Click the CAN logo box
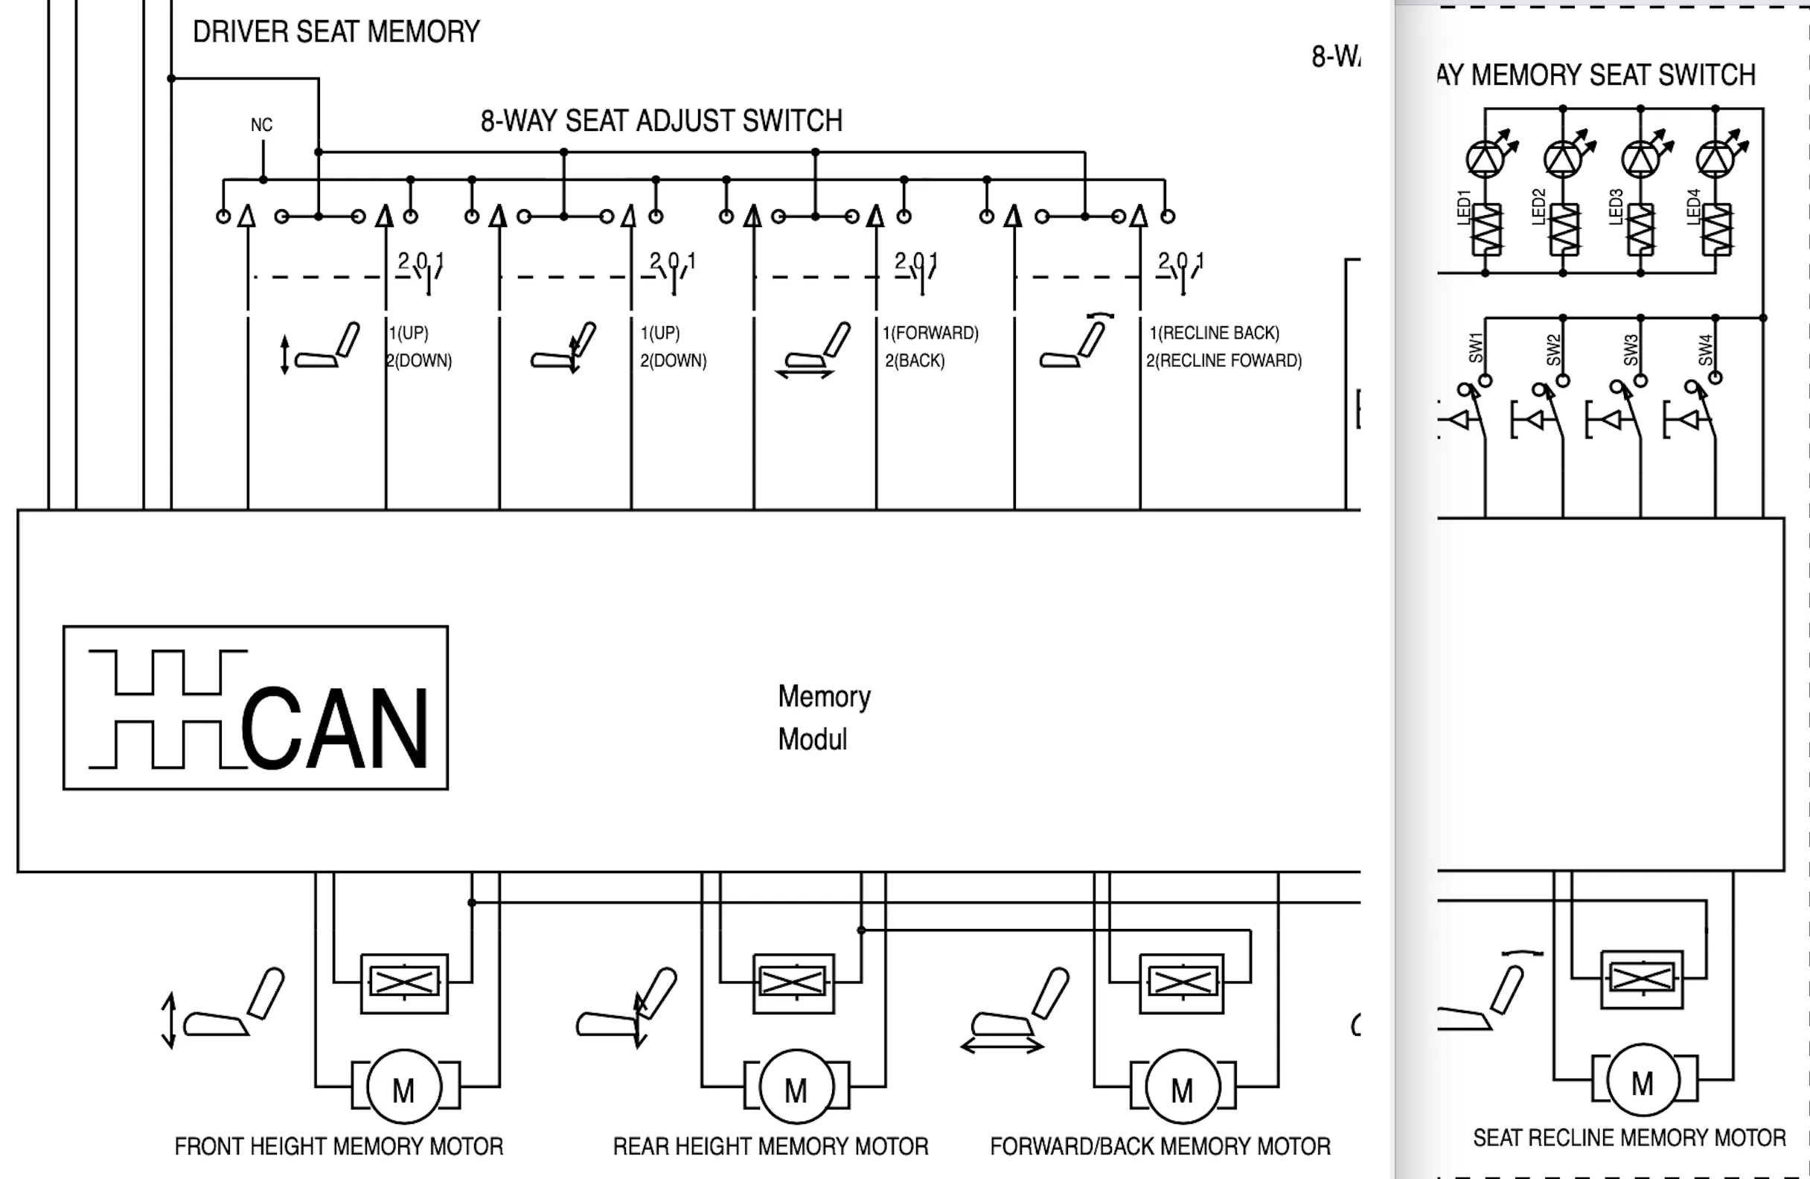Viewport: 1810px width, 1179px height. pyautogui.click(x=255, y=707)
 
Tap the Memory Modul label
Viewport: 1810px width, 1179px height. pyautogui.click(x=823, y=718)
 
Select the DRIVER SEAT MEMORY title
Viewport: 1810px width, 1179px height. pyautogui.click(x=336, y=32)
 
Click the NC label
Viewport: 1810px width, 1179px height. pyautogui.click(x=262, y=125)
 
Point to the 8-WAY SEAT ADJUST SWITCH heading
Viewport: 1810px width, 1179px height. pyautogui.click(x=661, y=121)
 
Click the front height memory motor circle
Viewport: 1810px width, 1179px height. pyautogui.click(x=404, y=1087)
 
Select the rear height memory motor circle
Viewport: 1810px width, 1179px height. pyautogui.click(x=796, y=1087)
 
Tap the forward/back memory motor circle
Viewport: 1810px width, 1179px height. pyautogui.click(x=1182, y=1087)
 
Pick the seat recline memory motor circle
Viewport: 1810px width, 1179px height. pyautogui.click(x=1643, y=1081)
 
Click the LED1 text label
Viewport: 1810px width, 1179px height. pyautogui.click(x=1464, y=206)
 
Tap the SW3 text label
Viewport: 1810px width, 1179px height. pyautogui.click(x=1631, y=349)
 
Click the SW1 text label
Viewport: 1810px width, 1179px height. pyautogui.click(x=1476, y=348)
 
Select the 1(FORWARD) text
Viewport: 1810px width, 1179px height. pyautogui.click(x=930, y=333)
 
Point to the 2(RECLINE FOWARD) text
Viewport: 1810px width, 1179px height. pyautogui.click(x=1224, y=360)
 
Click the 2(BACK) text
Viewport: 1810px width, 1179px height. pyautogui.click(x=914, y=360)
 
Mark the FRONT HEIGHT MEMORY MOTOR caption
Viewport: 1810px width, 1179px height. pyautogui.click(x=339, y=1146)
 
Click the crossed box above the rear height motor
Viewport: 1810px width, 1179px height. pyautogui.click(x=793, y=982)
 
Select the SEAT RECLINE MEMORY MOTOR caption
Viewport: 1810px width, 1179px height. pyautogui.click(x=1629, y=1138)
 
